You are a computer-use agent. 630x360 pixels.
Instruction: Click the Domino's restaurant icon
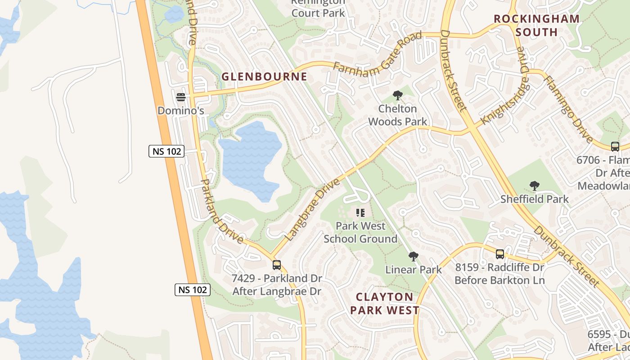[x=181, y=97]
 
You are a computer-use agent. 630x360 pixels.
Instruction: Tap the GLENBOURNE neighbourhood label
[x=264, y=76]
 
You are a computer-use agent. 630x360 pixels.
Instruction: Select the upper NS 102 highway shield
[x=166, y=151]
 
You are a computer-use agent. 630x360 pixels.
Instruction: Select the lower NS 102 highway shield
[x=193, y=290]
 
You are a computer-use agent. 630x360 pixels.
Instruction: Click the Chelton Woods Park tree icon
[x=397, y=95]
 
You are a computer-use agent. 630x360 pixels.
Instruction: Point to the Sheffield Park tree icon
[x=534, y=185]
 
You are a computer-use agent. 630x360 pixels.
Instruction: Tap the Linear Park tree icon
[x=413, y=256]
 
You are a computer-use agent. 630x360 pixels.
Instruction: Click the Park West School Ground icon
[x=360, y=212]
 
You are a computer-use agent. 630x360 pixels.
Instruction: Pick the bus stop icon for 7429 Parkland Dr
[x=277, y=265]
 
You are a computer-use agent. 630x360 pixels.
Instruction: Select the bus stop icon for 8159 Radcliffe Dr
[x=499, y=254]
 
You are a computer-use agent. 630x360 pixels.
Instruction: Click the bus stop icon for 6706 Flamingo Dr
[x=615, y=146]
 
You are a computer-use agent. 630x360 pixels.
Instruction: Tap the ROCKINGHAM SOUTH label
[x=536, y=25]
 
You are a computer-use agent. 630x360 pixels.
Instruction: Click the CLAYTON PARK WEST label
[x=385, y=303]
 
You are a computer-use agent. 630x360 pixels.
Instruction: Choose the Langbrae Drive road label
[x=313, y=209]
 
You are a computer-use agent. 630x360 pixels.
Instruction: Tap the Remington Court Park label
[x=318, y=8]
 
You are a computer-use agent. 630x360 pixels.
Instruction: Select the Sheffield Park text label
[x=535, y=199]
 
